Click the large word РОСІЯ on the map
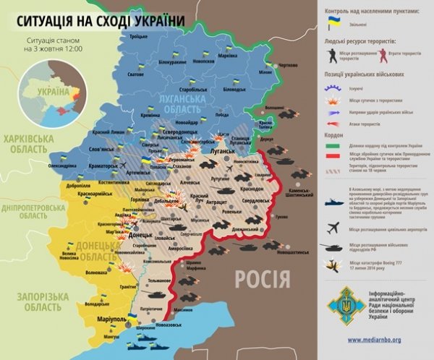[265, 277]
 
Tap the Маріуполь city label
[102, 319]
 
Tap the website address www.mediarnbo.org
[376, 339]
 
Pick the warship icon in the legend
[334, 203]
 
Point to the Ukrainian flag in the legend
[334, 23]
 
